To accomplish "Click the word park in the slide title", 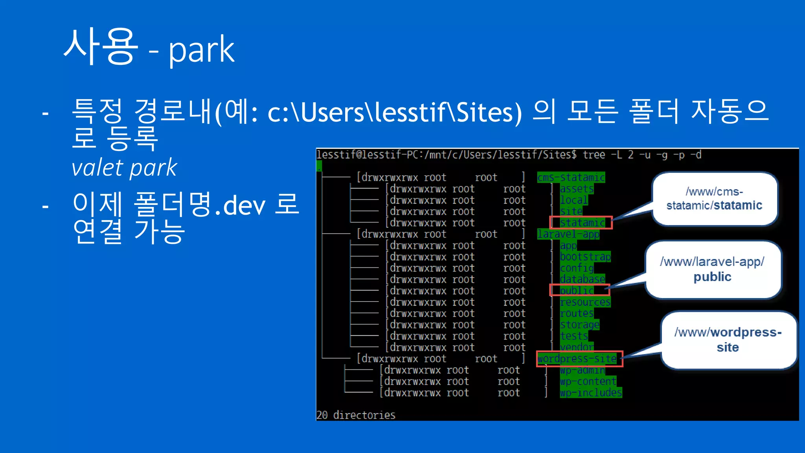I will (x=201, y=50).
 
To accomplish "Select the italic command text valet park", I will (x=124, y=168).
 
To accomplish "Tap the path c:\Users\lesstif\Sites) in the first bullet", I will (x=395, y=112).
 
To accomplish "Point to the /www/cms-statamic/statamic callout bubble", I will (x=714, y=199).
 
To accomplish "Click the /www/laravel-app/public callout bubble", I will (x=712, y=269).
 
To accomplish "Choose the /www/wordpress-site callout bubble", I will (x=728, y=340).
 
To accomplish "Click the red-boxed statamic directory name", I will (x=582, y=223).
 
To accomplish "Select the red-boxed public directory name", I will (x=577, y=291).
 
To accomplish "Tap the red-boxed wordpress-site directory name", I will (x=577, y=359).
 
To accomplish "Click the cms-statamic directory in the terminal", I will (x=571, y=178).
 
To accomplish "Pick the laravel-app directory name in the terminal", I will (x=568, y=234).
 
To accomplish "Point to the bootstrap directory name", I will (x=585, y=257).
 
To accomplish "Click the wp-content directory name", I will (x=588, y=381).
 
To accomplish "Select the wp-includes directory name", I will (x=591, y=393).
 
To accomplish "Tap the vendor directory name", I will (x=577, y=347).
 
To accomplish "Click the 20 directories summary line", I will (x=356, y=415).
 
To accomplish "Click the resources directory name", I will (x=585, y=302).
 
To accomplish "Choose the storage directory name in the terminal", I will (x=579, y=325).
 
